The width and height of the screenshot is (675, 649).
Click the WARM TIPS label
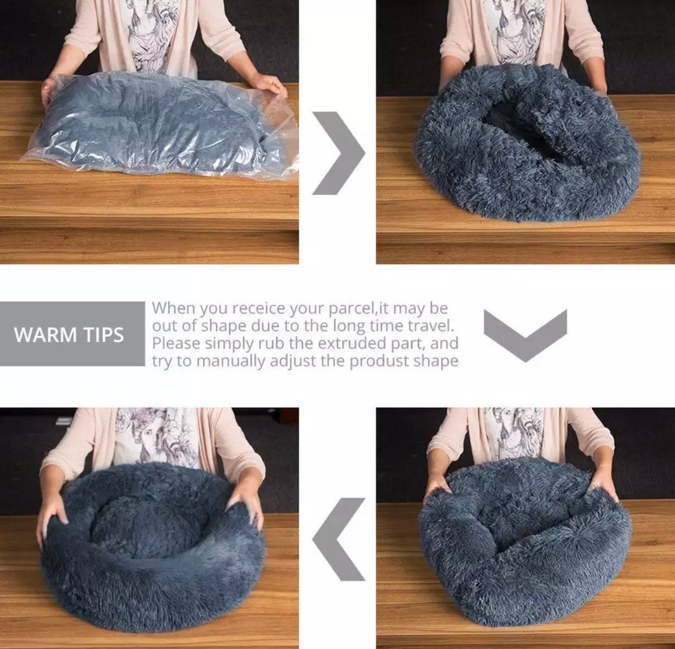(x=69, y=335)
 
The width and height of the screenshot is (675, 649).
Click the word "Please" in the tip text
(x=176, y=344)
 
